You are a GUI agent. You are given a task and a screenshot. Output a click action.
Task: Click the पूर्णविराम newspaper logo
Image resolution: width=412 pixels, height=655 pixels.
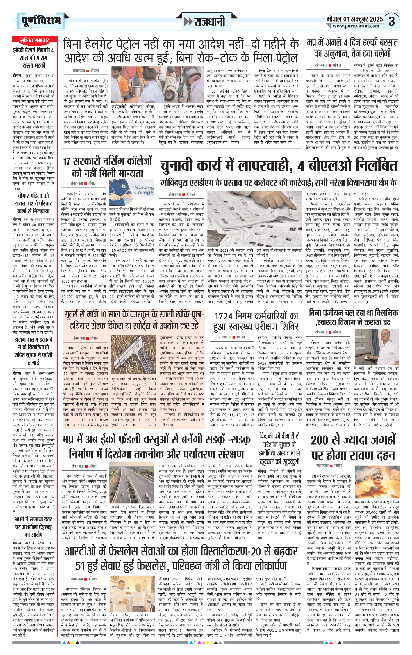[x=41, y=21]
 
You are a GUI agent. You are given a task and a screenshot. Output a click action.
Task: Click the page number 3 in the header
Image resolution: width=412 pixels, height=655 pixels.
[x=392, y=21]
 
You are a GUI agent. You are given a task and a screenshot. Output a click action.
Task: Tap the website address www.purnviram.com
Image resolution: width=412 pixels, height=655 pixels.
[x=356, y=26]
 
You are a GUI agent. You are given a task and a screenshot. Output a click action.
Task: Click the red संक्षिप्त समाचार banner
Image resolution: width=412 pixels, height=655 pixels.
[x=34, y=40]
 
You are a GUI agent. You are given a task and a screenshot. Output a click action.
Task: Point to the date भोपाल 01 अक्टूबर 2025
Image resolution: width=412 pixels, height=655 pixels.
[x=354, y=19]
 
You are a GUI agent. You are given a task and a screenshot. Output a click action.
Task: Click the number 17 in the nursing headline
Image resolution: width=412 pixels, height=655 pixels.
[x=67, y=161]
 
